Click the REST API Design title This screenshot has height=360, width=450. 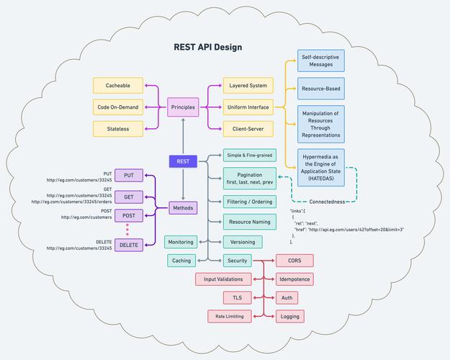(207, 48)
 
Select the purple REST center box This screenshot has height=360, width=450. (183, 162)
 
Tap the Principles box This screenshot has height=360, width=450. (183, 107)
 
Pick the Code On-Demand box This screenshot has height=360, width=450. (118, 107)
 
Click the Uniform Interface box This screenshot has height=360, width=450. (248, 107)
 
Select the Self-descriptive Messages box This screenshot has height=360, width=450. (321, 60)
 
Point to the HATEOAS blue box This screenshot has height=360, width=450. (321, 167)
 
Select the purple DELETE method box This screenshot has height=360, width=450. (129, 245)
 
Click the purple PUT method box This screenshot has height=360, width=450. (129, 176)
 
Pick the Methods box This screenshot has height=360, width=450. (183, 208)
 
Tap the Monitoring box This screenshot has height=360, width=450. (180, 242)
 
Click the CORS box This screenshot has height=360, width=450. (294, 260)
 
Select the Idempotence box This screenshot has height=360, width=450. (294, 279)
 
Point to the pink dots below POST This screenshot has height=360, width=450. (127, 228)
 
